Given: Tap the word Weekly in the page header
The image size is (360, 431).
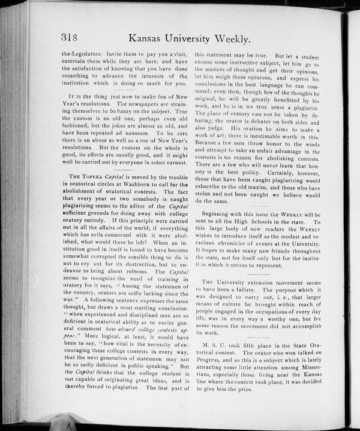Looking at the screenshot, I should [227, 39].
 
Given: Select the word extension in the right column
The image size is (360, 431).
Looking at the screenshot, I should [253, 282].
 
